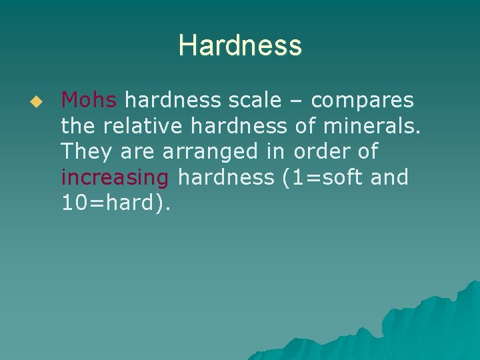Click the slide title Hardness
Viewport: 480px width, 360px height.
240,46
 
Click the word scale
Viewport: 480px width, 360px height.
260,101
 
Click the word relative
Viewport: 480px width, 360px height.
142,126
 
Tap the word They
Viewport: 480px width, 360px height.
87,152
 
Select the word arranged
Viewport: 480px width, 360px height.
209,153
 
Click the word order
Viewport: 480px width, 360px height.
320,152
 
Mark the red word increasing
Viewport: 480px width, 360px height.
115,178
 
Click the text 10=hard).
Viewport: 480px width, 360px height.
116,203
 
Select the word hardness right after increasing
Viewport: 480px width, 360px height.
226,177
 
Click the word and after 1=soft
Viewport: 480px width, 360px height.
390,177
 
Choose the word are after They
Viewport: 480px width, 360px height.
139,153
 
